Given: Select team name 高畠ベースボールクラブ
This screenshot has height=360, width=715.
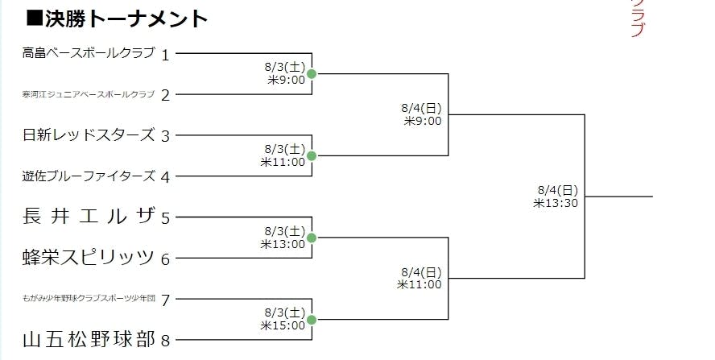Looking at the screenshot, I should pos(89,53).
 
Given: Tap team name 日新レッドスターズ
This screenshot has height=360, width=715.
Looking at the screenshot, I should pos(89,134).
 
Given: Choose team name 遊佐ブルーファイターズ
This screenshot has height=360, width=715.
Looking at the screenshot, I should pos(89,176).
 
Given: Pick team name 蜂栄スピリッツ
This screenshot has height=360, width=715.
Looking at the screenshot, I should pos(89,258).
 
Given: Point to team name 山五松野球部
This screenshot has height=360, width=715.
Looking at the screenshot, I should pos(89,338).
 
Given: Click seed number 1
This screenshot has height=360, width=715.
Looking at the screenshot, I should pos(165,55).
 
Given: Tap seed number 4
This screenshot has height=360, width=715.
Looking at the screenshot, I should pos(165,176).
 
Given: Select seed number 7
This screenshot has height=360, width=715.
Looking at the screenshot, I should pos(165,300).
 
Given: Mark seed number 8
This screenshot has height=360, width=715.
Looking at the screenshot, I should pos(165,340).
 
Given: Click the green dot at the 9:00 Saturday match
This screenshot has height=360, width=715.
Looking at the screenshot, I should pos(312,74).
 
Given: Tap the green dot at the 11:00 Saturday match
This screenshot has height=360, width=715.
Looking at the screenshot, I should pos(312,156).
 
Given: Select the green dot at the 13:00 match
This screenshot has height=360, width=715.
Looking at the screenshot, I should pos(312,238).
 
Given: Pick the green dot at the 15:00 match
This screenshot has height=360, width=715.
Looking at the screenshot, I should pos(312,320).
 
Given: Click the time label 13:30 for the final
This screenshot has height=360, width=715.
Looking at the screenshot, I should pos(555,203).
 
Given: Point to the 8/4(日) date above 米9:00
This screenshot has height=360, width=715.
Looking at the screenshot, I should pos(421,108).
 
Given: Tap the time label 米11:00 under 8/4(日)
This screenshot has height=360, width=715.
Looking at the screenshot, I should pos(419,284).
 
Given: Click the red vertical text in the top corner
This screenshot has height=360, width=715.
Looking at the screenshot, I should pos(638,18).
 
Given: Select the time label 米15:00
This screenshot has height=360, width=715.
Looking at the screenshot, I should pos(283,325).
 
